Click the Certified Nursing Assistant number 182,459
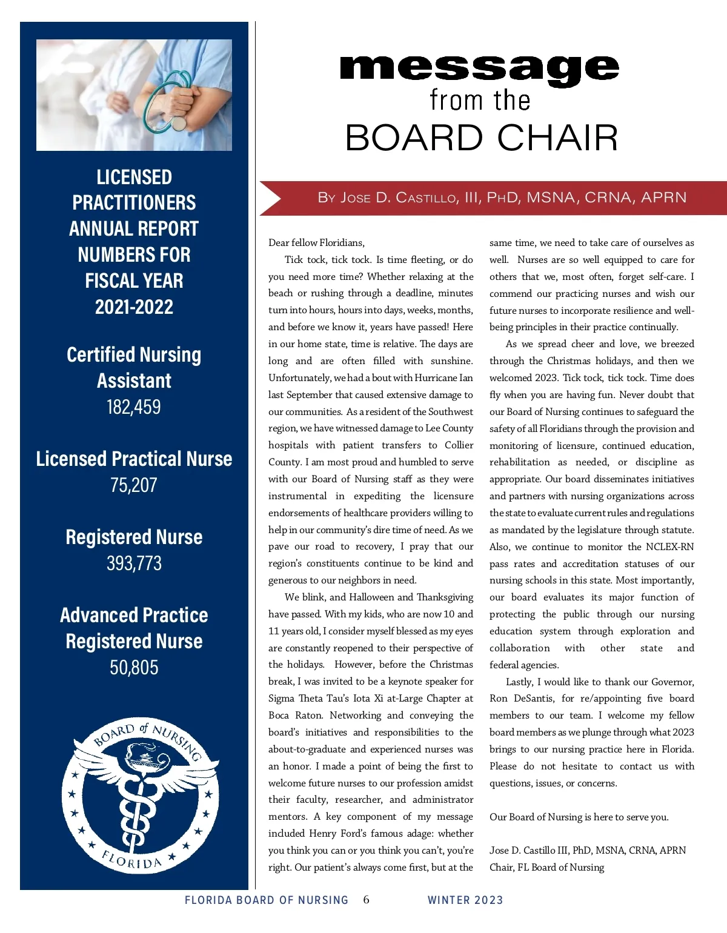coord(134,407)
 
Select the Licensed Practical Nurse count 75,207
coord(134,485)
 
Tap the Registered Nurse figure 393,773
coord(134,563)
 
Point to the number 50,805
coord(134,667)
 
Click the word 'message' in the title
coord(479,69)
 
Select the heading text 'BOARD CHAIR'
coord(482,138)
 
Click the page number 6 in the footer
coord(366,900)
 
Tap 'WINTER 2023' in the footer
coord(465,900)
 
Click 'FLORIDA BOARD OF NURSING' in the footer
coord(267,900)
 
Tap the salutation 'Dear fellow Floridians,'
coord(317,243)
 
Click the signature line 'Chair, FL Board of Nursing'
coord(546,867)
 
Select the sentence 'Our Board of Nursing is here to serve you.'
coord(579,817)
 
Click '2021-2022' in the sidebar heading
coord(134,307)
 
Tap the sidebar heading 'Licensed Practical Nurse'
coord(134,459)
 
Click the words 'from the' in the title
coord(480,100)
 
